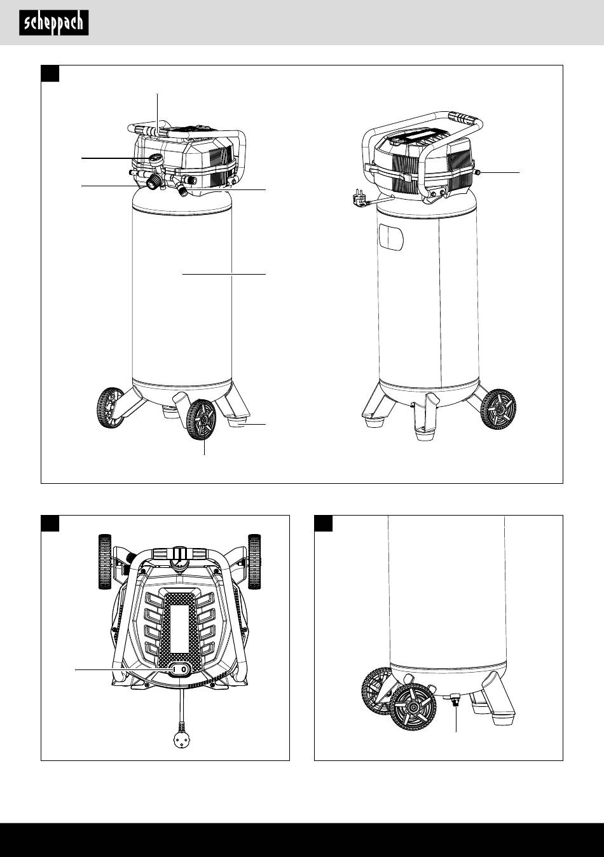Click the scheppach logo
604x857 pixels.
[54, 23]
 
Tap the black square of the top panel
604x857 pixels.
[50, 74]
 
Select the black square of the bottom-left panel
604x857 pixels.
[50, 523]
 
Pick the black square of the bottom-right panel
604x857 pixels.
[323, 523]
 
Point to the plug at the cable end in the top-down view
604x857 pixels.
[181, 735]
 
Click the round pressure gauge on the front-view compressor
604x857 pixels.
[156, 158]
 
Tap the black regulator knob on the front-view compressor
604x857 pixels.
[153, 181]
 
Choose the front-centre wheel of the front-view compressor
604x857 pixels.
[201, 420]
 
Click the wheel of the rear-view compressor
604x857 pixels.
[498, 409]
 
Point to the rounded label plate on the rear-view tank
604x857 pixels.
[391, 237]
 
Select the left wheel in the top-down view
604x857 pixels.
[104, 561]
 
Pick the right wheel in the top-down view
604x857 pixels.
[254, 561]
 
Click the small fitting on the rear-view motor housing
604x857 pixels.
[477, 172]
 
